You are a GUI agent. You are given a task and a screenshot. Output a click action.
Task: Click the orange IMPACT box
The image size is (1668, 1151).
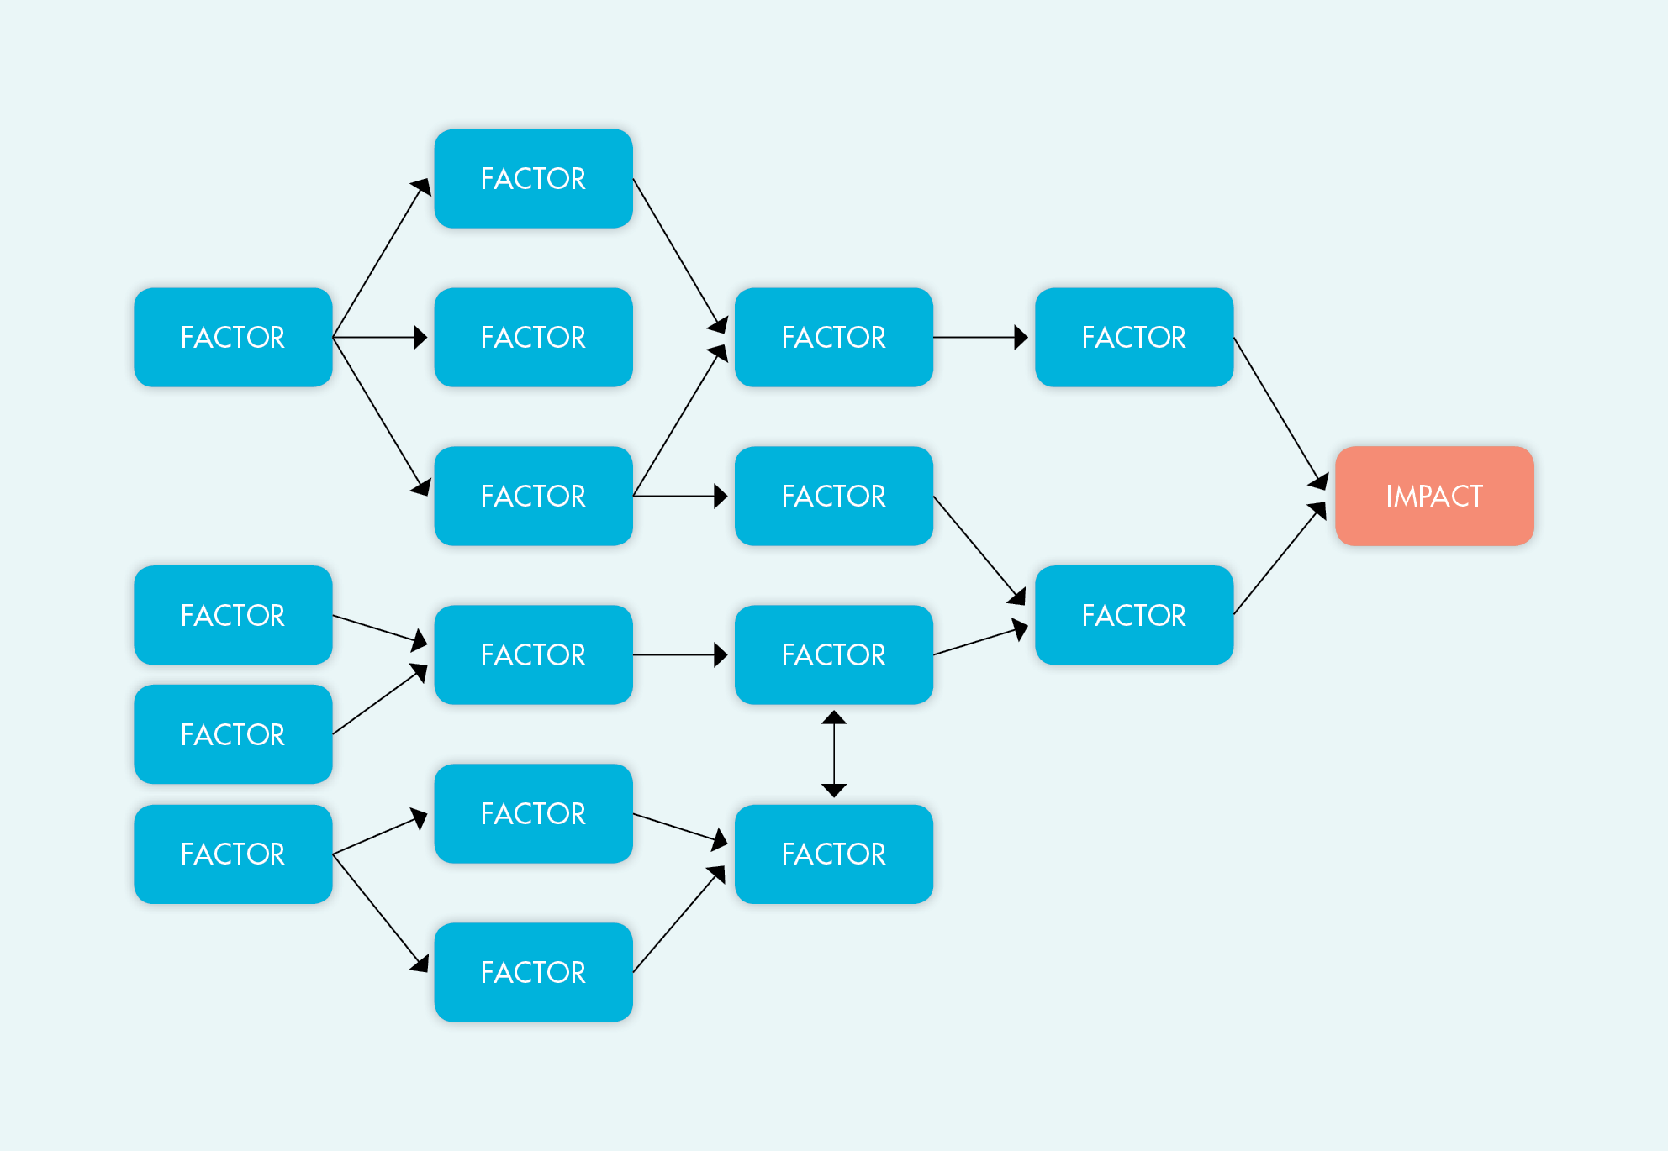(x=1434, y=496)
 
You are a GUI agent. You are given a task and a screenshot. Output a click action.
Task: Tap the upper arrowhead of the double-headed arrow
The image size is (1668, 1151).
(x=834, y=717)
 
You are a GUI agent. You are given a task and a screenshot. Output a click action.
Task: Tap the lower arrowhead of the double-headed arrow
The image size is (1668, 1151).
(x=834, y=790)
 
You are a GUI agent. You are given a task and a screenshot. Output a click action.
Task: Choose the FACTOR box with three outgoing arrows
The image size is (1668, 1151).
(x=233, y=337)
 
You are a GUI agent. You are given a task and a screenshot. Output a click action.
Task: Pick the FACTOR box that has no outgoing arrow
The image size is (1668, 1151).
(x=533, y=337)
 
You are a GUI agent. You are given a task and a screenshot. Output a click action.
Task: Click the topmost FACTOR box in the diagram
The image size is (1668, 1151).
(x=533, y=178)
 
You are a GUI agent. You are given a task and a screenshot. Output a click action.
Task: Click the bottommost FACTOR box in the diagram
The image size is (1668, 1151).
(x=533, y=972)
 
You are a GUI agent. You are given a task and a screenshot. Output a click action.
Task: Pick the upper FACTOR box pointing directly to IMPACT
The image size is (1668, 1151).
(x=1134, y=337)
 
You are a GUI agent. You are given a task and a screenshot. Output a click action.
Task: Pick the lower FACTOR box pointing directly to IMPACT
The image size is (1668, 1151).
(x=1134, y=615)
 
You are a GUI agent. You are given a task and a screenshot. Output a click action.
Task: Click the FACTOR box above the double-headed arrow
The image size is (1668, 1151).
(x=834, y=654)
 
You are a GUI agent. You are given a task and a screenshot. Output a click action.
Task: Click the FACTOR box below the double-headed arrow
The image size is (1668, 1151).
(x=834, y=854)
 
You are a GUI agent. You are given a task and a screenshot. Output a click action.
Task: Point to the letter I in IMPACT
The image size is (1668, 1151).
(x=1389, y=497)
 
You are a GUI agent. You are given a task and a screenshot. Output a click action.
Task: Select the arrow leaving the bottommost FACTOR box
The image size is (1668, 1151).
(x=677, y=921)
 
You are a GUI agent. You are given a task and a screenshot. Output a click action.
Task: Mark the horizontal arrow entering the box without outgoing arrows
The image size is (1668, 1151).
(x=378, y=337)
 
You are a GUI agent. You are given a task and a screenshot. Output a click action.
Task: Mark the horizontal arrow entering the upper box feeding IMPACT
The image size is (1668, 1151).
(x=979, y=337)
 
